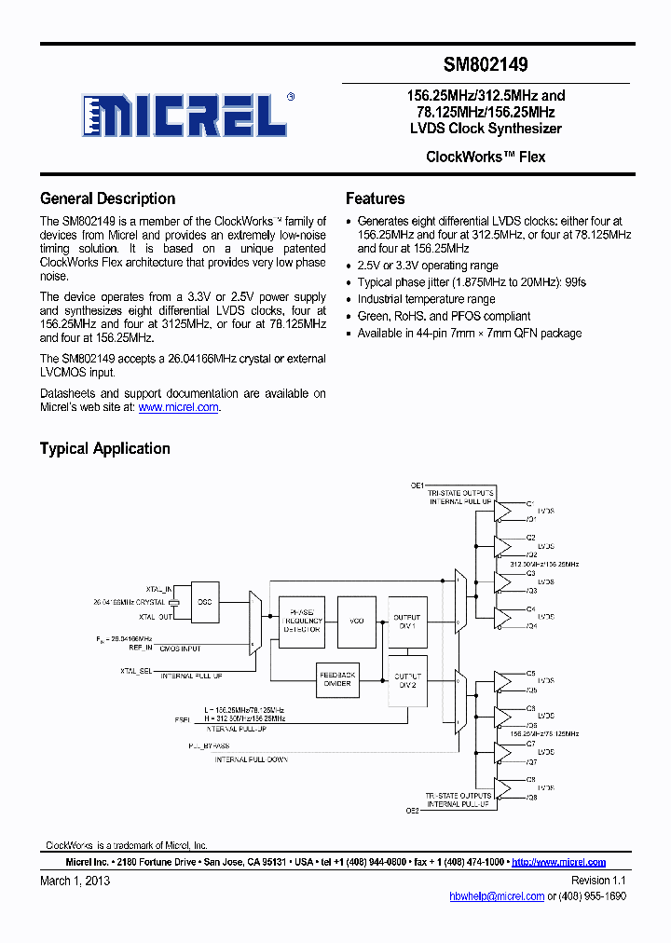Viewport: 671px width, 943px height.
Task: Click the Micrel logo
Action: [x=185, y=116]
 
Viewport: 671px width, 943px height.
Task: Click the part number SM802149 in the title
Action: [x=485, y=65]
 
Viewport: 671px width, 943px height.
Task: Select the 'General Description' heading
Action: [x=107, y=198]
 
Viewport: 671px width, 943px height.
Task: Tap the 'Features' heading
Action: [x=375, y=198]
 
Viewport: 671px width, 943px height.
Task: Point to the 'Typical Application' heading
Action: [x=104, y=448]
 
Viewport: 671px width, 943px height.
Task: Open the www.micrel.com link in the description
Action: [x=179, y=407]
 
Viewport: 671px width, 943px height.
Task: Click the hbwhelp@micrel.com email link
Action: [x=497, y=895]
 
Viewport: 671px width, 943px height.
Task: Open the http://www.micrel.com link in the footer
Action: [x=559, y=863]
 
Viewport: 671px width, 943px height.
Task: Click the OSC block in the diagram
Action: [x=204, y=602]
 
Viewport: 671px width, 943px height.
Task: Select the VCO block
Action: [x=356, y=621]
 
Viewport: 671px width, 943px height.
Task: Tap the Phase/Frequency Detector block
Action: [x=302, y=621]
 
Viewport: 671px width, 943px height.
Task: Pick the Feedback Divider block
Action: [x=337, y=679]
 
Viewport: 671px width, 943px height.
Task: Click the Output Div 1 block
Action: [x=407, y=621]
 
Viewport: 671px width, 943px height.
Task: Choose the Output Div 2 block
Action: [x=407, y=680]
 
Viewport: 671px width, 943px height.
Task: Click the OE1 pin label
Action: [x=417, y=485]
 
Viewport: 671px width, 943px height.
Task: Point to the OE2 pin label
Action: [x=412, y=811]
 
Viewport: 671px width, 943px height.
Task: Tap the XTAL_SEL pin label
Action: [x=137, y=670]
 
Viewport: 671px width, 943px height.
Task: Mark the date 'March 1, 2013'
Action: [x=75, y=881]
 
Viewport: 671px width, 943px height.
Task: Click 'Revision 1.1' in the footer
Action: [x=598, y=881]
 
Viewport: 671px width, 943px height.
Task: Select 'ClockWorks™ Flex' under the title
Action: [x=485, y=157]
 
